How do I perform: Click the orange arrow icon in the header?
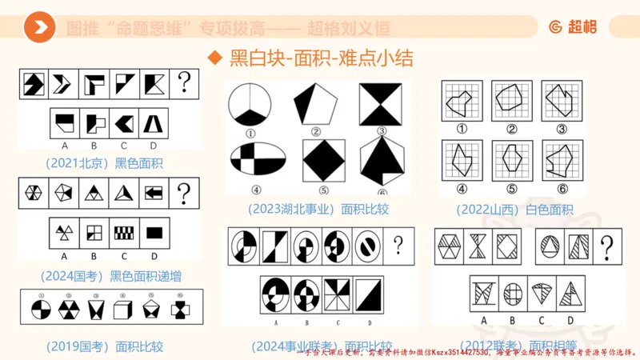pos(39,28)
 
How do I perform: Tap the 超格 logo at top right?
pos(576,28)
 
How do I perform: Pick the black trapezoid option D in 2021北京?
pos(152,122)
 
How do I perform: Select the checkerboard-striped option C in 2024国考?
pos(123,232)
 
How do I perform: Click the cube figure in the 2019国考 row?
pos(123,308)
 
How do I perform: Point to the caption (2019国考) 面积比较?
pos(104,346)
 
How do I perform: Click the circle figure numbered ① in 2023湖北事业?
pos(250,105)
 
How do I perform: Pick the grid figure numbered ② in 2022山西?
pos(514,100)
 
